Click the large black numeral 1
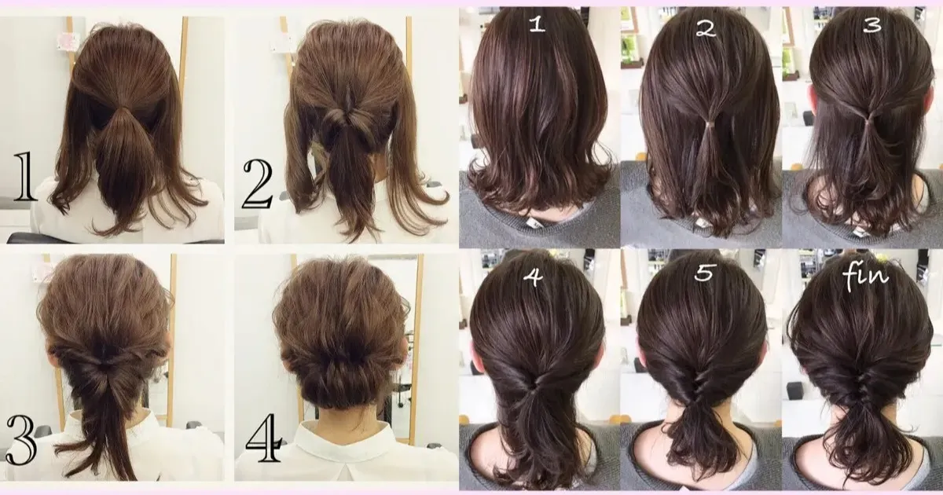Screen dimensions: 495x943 coord(24,179)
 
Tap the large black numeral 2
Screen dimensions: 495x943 coord(255,185)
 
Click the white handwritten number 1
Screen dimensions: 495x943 coord(537,25)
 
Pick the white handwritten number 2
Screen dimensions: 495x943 coord(705,28)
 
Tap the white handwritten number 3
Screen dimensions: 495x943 coord(871,25)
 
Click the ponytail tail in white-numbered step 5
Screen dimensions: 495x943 coord(702,440)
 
